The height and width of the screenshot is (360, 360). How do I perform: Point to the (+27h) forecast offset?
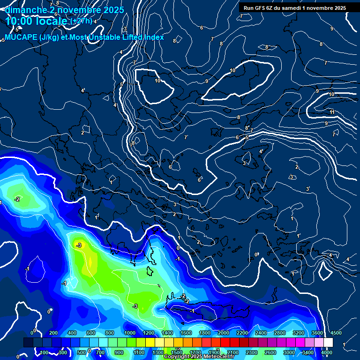[x=81, y=21]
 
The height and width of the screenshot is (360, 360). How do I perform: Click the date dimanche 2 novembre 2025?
[x=64, y=10]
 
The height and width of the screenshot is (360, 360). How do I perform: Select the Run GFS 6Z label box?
[x=294, y=7]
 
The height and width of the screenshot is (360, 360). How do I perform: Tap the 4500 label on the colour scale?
[x=336, y=333]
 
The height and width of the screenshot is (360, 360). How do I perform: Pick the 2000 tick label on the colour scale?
[x=223, y=333]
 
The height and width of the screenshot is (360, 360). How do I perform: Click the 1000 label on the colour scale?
[x=129, y=333]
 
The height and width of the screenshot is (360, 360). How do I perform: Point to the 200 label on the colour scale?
[x=53, y=333]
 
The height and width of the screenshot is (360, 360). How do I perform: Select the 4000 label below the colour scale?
[x=327, y=352]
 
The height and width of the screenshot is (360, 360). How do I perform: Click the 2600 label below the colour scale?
[x=270, y=352]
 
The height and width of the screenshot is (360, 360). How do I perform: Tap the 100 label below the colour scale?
[x=45, y=352]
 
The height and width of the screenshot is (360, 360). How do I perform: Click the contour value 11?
[x=332, y=112]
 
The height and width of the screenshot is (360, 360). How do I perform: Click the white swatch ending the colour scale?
[x=328, y=343]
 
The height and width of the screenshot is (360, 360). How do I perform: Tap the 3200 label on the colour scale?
[x=298, y=333]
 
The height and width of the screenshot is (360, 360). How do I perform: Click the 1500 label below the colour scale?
[x=177, y=352]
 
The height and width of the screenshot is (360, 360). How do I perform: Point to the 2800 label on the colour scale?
[x=279, y=333]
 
